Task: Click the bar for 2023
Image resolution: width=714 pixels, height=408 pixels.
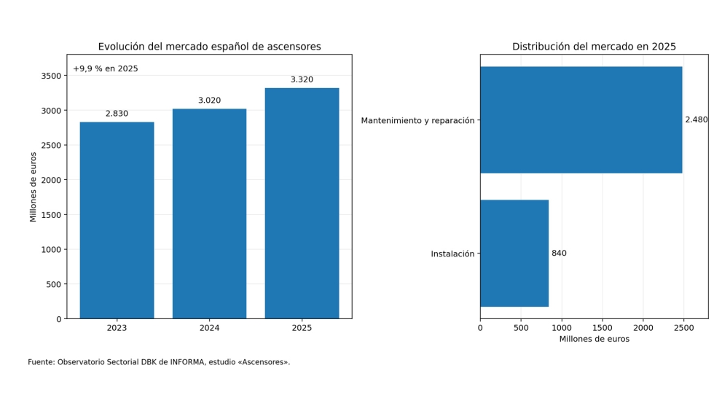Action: [x=117, y=220]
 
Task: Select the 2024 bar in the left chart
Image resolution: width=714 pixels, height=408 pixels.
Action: [x=210, y=213]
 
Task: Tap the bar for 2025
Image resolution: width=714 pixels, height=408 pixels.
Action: [x=302, y=203]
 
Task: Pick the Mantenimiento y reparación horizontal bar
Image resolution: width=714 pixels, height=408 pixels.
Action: [x=581, y=119]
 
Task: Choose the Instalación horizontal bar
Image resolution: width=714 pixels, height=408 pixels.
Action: [x=514, y=254]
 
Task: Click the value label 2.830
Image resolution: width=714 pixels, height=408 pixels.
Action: [x=117, y=114]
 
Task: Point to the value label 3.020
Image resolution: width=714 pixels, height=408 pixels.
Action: [x=210, y=101]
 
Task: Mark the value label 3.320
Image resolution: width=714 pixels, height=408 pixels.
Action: [x=302, y=79]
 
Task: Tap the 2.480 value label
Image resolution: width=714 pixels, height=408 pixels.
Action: [x=697, y=119]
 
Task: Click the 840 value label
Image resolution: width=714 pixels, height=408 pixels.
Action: [x=560, y=254]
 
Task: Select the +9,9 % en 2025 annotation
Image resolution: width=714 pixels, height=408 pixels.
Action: [x=105, y=68]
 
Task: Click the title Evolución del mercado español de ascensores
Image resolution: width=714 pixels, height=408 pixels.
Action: [x=210, y=47]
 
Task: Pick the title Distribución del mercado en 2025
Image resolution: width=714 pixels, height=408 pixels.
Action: [x=595, y=47]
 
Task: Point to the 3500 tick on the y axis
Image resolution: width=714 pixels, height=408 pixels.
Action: [x=51, y=76]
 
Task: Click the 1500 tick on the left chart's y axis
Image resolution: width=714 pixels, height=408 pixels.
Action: [x=51, y=215]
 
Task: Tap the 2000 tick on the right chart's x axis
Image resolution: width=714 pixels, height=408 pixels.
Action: [x=643, y=328]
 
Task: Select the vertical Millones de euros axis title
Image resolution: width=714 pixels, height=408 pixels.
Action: [x=33, y=187]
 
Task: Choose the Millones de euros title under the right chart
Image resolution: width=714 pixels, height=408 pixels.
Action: [x=595, y=340]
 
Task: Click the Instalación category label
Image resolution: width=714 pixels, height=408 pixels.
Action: [x=452, y=254]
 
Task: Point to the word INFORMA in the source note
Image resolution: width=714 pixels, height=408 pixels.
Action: [x=187, y=363]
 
